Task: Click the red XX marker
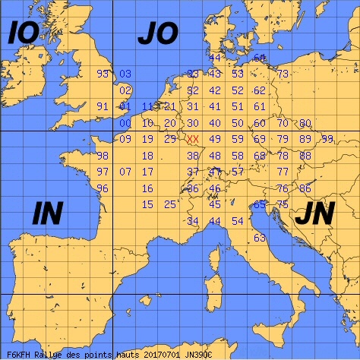click(x=193, y=139)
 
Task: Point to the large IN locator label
click(x=47, y=214)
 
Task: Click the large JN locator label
click(x=314, y=216)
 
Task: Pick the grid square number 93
click(x=103, y=74)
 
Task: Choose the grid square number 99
click(x=327, y=139)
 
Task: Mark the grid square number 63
click(x=260, y=238)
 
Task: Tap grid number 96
click(x=103, y=188)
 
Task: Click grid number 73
click(x=283, y=74)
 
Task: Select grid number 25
click(x=170, y=204)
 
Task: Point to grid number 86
click(x=305, y=188)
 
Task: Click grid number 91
click(x=103, y=106)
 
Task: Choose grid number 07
click(x=126, y=172)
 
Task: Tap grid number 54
click(x=238, y=221)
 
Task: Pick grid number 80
click(x=305, y=123)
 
